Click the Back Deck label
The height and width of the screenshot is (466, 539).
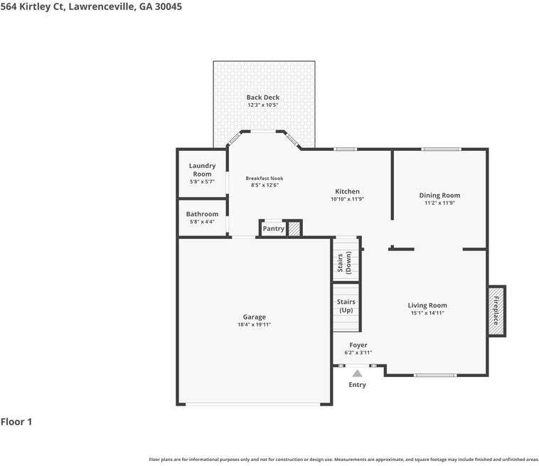pyautogui.click(x=263, y=97)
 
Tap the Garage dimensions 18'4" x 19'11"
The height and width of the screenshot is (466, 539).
pyautogui.click(x=255, y=324)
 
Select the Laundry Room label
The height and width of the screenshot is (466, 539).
pyautogui.click(x=202, y=169)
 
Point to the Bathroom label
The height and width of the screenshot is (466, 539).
pyautogui.click(x=202, y=214)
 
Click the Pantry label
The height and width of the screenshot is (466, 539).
pyautogui.click(x=274, y=228)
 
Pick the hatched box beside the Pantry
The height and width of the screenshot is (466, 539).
pyautogui.click(x=294, y=228)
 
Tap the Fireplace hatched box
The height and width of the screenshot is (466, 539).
pyautogui.click(x=496, y=311)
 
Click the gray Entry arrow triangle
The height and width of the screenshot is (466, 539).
pyautogui.click(x=358, y=374)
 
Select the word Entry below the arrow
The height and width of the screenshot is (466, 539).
pyautogui.click(x=357, y=385)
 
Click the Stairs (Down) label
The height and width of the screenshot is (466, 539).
pyautogui.click(x=344, y=263)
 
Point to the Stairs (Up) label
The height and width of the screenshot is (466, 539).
pyautogui.click(x=346, y=306)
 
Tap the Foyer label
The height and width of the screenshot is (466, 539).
pyautogui.click(x=358, y=345)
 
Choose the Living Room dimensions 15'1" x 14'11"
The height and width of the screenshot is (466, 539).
pyautogui.click(x=427, y=313)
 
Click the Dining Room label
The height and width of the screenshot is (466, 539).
pyautogui.click(x=439, y=196)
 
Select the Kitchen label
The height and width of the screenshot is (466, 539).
pyautogui.click(x=347, y=191)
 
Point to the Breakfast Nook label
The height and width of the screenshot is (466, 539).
pyautogui.click(x=265, y=178)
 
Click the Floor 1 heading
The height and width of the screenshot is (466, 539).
pyautogui.click(x=16, y=422)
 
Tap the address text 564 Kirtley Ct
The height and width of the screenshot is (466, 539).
pyautogui.click(x=32, y=6)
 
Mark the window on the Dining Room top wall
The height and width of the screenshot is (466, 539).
pyautogui.click(x=442, y=149)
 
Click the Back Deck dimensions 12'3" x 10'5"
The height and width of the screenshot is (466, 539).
pyautogui.click(x=263, y=105)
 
